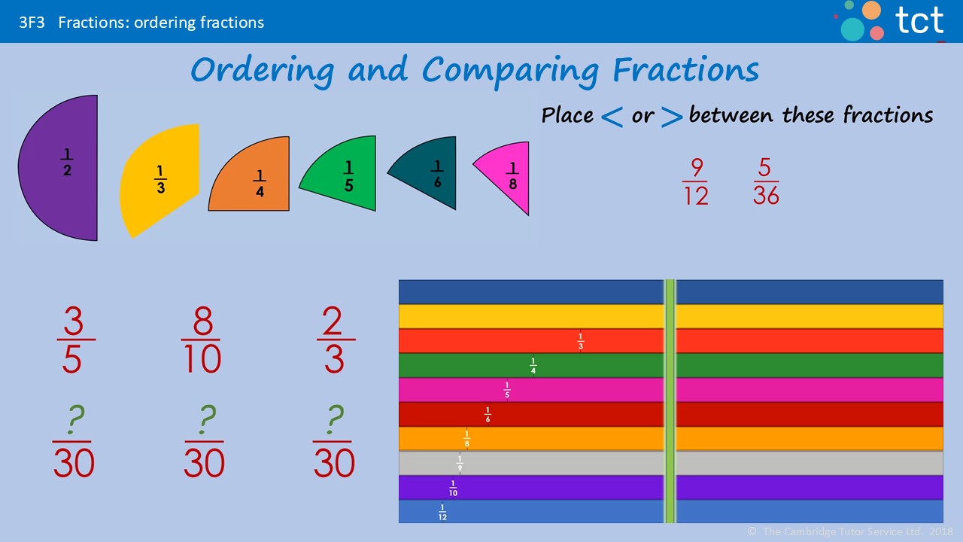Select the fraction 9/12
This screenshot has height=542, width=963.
click(696, 181)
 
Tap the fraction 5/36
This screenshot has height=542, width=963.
click(766, 181)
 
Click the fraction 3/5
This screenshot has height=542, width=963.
click(73, 340)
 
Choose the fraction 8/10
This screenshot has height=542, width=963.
click(201, 340)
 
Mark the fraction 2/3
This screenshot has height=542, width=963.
click(335, 340)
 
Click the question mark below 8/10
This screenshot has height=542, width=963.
click(205, 420)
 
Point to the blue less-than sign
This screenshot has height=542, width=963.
click(612, 117)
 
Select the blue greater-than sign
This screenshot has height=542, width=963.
click(673, 117)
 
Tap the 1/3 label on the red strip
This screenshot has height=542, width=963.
click(580, 341)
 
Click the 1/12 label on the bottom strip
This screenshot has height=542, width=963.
click(442, 513)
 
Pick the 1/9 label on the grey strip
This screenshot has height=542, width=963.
click(460, 464)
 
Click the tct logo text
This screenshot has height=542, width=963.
click(920, 20)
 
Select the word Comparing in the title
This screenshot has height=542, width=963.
click(511, 71)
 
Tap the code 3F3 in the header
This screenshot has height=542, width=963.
click(32, 23)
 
